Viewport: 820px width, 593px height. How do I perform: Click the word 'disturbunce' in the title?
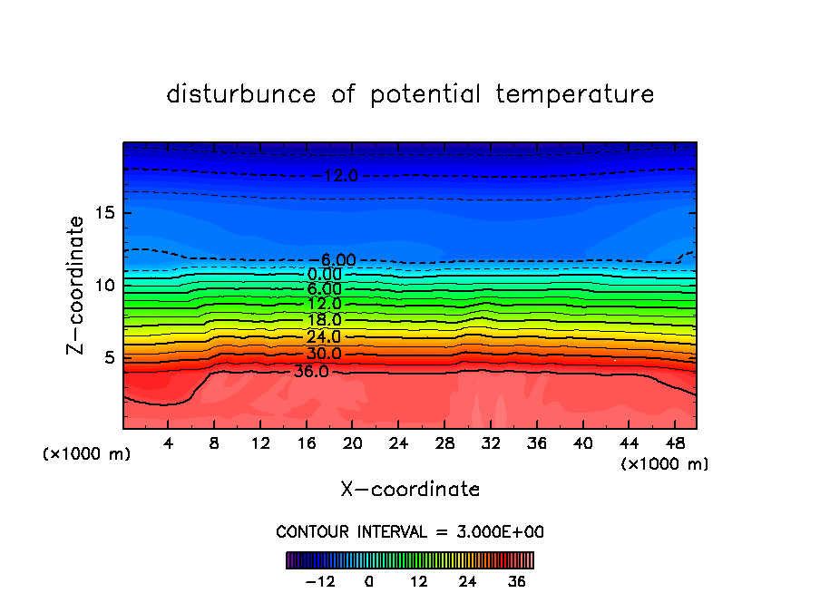coord(241,94)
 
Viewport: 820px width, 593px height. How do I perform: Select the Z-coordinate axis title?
coord(76,285)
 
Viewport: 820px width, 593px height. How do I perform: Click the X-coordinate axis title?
coord(410,490)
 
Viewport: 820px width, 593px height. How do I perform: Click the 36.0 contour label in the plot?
coord(311,372)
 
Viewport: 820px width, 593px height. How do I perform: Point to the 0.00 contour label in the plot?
coord(324,275)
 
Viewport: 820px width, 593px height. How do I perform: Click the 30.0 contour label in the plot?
coord(324,354)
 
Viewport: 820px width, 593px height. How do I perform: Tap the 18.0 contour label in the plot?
coord(324,320)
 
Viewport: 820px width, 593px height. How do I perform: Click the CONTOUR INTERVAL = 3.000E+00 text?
coord(410,531)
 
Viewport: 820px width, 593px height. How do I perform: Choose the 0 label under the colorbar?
coord(369,581)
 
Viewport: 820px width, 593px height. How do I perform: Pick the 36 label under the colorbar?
coord(517,581)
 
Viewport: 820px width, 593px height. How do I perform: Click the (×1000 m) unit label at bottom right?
coord(665,464)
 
